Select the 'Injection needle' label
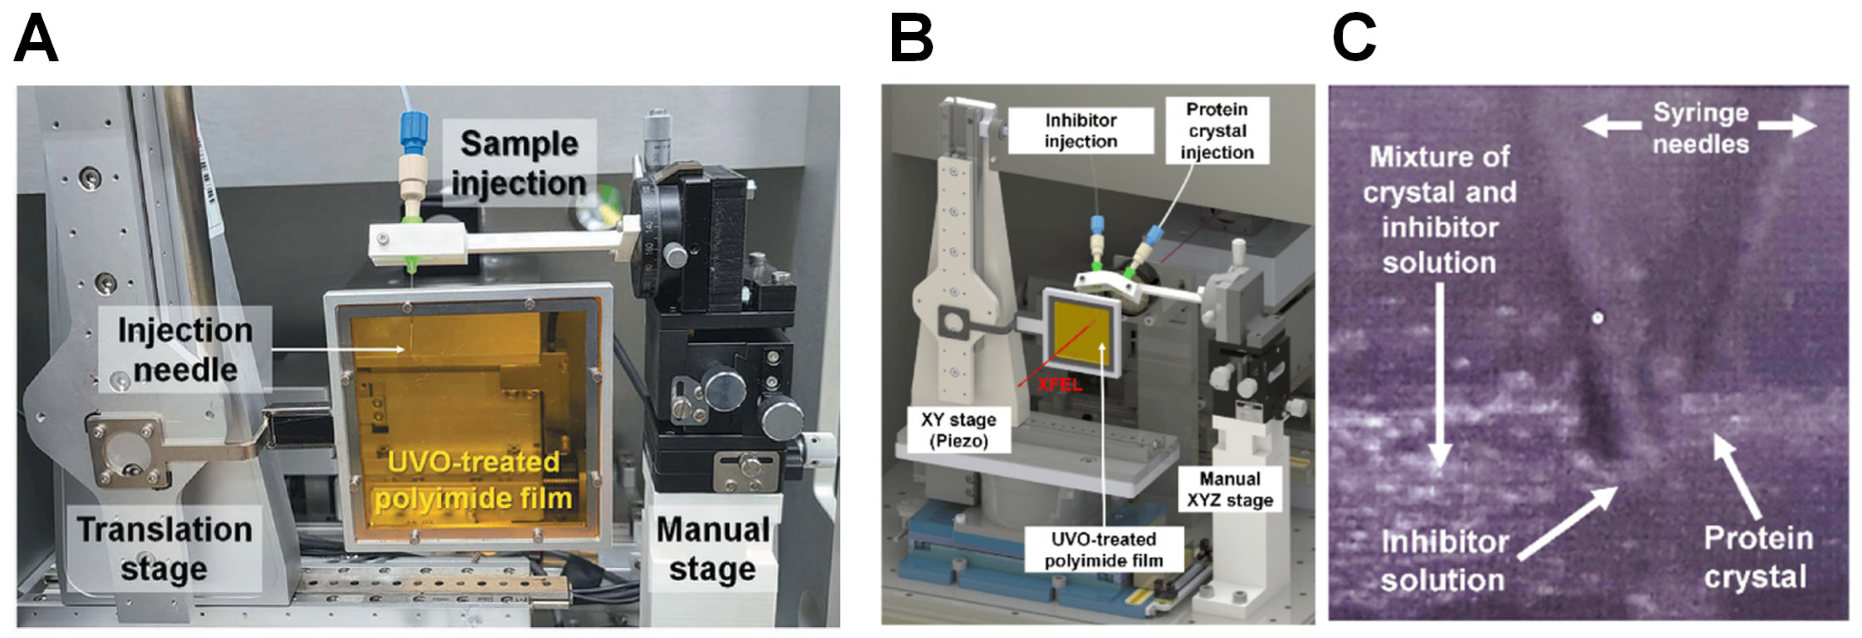185,350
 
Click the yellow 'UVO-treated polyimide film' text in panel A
474,480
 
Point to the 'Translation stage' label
165,549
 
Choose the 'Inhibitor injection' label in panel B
1080,131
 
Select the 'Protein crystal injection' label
1217,131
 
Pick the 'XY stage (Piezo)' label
958,430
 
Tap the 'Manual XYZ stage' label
1230,490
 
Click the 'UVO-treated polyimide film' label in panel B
1103,550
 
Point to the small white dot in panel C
1598,318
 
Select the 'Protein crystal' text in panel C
1758,558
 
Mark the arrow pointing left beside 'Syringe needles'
1611,127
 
